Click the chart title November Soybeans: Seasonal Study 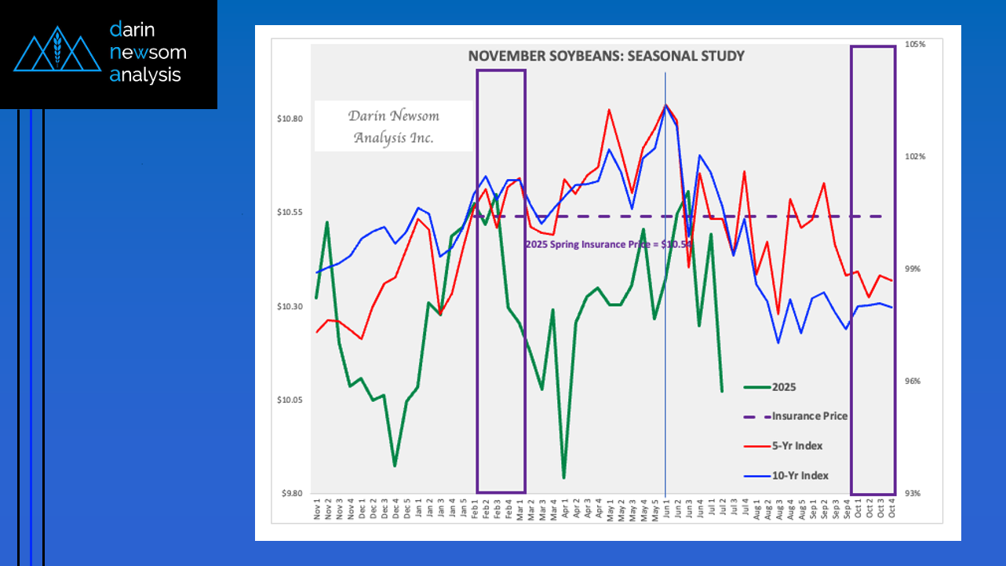(x=606, y=56)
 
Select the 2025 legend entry (x=784, y=387)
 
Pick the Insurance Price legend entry (x=809, y=416)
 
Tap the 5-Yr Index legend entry (x=797, y=446)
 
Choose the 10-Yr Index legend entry (x=800, y=476)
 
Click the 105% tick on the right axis (x=915, y=45)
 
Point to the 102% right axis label (x=915, y=157)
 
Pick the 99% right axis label (x=914, y=269)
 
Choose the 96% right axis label (x=914, y=382)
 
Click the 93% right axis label (x=914, y=494)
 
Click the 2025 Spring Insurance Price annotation (x=608, y=244)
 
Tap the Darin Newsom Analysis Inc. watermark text (x=393, y=126)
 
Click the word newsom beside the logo (x=148, y=53)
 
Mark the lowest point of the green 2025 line (x=563, y=477)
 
